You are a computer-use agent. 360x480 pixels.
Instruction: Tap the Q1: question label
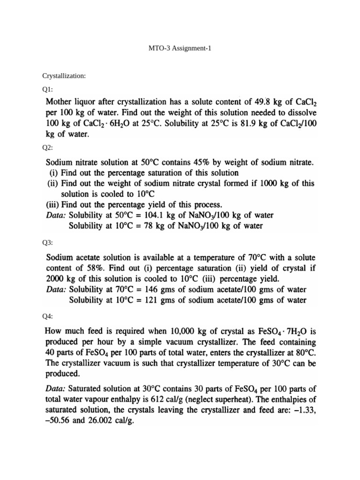coord(48,88)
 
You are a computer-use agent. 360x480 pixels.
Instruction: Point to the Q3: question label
coord(48,243)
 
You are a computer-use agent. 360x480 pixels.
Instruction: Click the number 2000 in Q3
coord(56,279)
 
